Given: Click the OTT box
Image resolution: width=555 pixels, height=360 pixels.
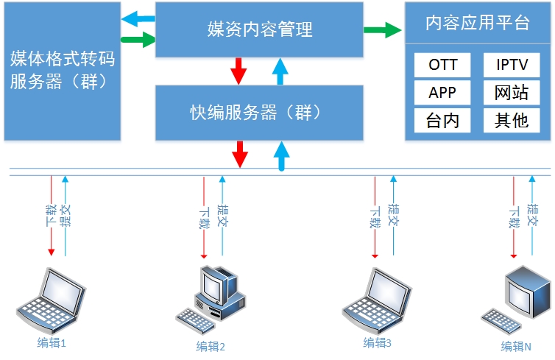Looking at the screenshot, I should tap(443, 65).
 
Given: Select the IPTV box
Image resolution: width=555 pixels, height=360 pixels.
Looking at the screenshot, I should tap(512, 65).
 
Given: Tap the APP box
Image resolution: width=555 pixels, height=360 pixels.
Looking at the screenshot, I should tap(443, 92).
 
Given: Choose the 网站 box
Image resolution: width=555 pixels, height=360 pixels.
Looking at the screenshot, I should tap(512, 92).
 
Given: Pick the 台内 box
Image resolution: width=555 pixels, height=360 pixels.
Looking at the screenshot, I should tap(443, 119).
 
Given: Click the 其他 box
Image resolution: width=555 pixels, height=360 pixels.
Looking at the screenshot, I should tap(512, 119).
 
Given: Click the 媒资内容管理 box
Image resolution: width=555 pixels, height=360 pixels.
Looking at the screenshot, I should tap(259, 29).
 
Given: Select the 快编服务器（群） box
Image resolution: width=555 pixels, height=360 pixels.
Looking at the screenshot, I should tap(259, 112).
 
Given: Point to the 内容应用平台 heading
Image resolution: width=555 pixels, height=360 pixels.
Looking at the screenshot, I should tap(478, 22).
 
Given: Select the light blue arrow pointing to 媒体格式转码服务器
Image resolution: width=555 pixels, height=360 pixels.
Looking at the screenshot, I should tap(138, 18).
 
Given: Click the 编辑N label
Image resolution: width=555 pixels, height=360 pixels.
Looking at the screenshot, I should tap(516, 347).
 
